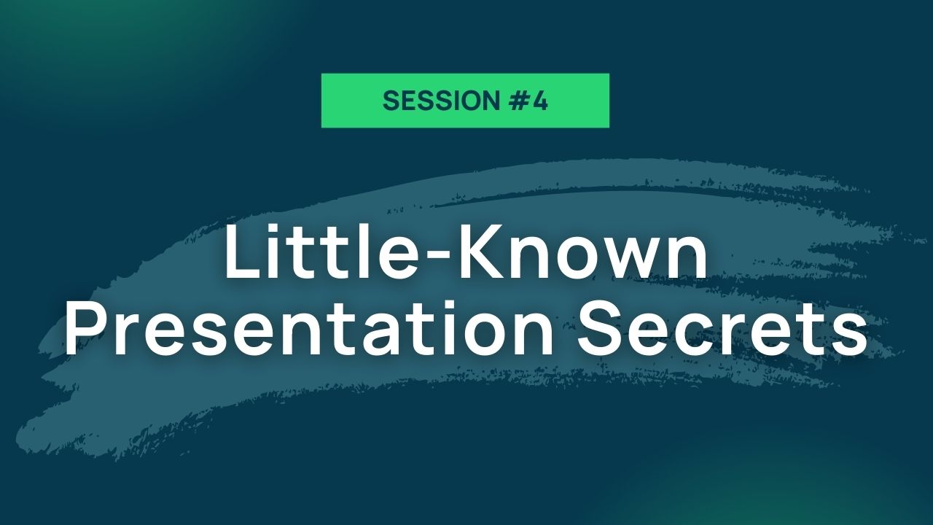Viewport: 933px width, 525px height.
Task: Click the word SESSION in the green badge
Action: click(x=441, y=101)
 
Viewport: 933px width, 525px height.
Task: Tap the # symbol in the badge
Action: click(x=520, y=101)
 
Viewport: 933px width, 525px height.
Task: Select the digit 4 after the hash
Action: click(x=540, y=101)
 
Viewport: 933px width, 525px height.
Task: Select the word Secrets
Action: click(x=722, y=329)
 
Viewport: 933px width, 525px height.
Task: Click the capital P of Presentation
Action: click(x=85, y=328)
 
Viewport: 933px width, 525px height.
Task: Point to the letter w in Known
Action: click(x=625, y=259)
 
